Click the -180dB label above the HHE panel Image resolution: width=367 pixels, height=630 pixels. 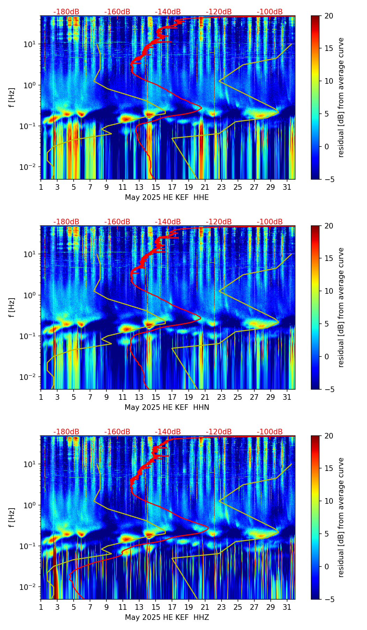pyautogui.click(x=66, y=12)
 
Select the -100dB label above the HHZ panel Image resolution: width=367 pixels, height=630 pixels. pyautogui.click(x=270, y=432)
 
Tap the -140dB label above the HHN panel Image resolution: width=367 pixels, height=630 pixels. pyautogui.click(x=168, y=222)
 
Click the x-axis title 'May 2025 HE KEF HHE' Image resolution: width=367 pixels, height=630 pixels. pyautogui.click(x=167, y=197)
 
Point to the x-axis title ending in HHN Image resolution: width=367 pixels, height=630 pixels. pyautogui.click(x=167, y=407)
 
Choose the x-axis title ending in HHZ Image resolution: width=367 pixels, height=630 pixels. pyautogui.click(x=167, y=617)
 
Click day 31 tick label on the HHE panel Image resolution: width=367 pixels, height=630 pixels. pyautogui.click(x=287, y=187)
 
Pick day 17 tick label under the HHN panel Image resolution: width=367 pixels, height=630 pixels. pyautogui.click(x=172, y=397)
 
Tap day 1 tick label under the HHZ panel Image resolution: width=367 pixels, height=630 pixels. pyautogui.click(x=41, y=607)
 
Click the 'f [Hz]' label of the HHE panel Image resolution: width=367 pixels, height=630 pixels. pyautogui.click(x=12, y=98)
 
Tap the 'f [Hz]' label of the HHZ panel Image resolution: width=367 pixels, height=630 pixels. pyautogui.click(x=12, y=518)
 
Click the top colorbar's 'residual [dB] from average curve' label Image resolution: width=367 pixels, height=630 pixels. pyautogui.click(x=341, y=98)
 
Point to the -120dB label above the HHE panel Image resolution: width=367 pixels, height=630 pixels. pyautogui.click(x=219, y=12)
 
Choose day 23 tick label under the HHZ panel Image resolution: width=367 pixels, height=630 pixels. pyautogui.click(x=221, y=607)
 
